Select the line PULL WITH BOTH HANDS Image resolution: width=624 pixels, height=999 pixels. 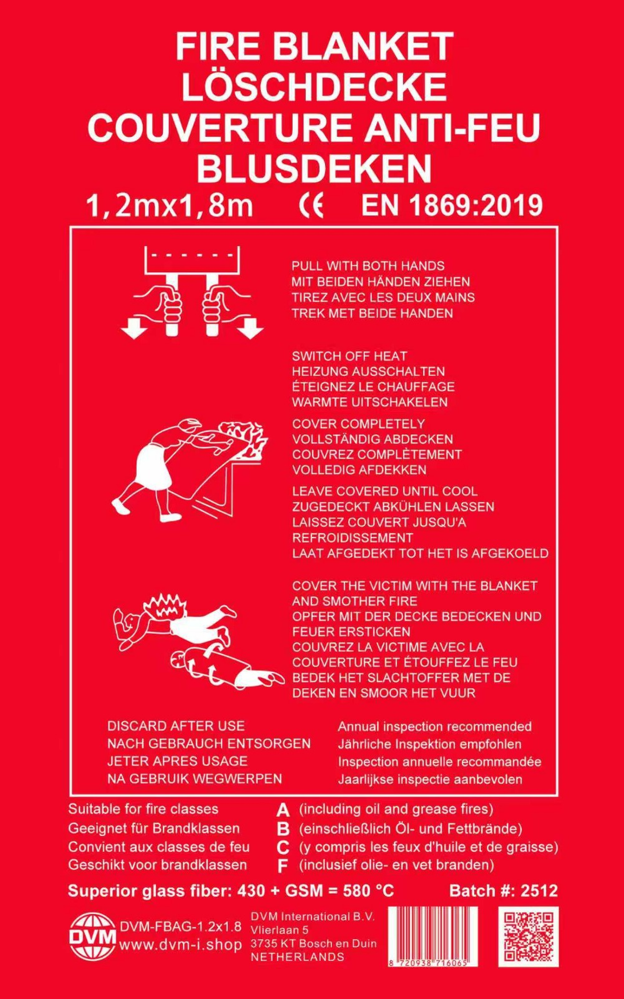click(x=368, y=266)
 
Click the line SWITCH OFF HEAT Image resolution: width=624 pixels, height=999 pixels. click(x=349, y=356)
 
